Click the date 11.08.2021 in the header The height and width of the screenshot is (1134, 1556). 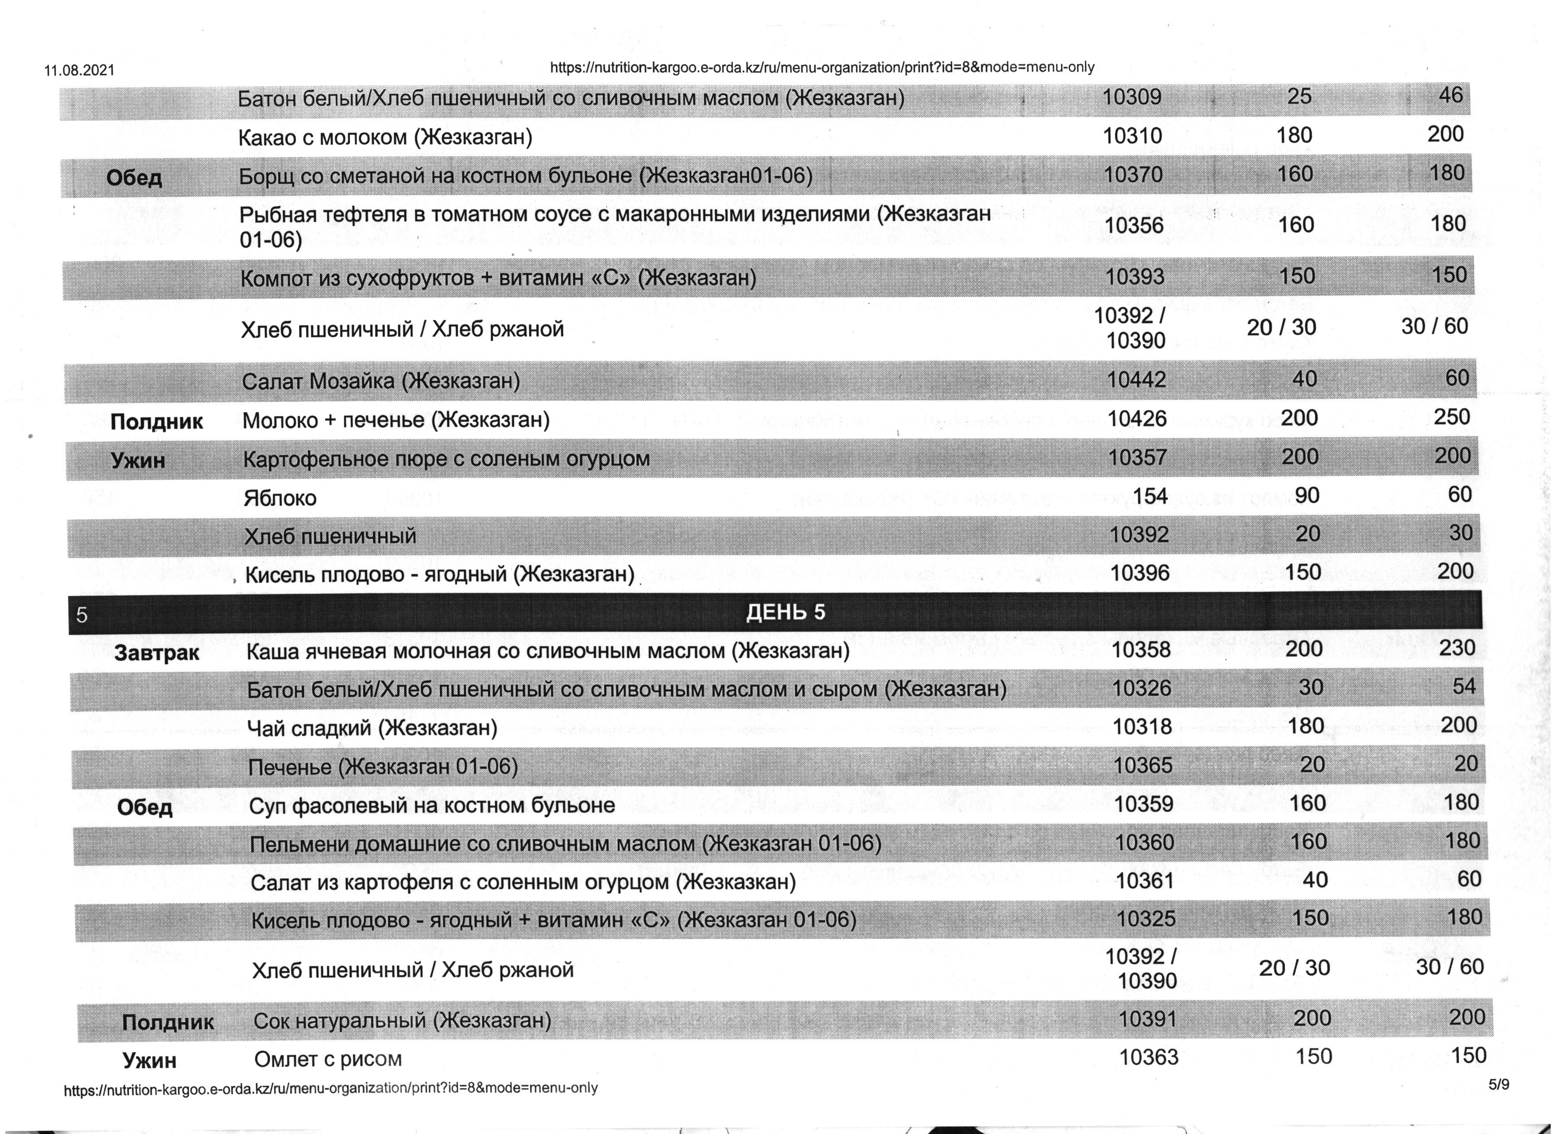[79, 71]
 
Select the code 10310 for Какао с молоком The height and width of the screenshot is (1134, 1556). [1133, 136]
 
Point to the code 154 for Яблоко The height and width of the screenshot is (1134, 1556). [1151, 495]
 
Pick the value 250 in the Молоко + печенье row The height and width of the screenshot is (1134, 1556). [1452, 417]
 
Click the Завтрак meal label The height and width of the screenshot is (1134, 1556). [157, 652]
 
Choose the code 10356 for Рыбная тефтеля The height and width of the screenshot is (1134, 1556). [1135, 225]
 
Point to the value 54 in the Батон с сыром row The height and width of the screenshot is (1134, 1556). [1464, 686]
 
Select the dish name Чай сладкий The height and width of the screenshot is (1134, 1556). [372, 727]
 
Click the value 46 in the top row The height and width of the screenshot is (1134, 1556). [1450, 95]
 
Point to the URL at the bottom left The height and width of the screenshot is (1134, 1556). [331, 1089]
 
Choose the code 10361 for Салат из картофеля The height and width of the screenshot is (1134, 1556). [1144, 880]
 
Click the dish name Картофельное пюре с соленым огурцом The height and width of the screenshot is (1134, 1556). [446, 458]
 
